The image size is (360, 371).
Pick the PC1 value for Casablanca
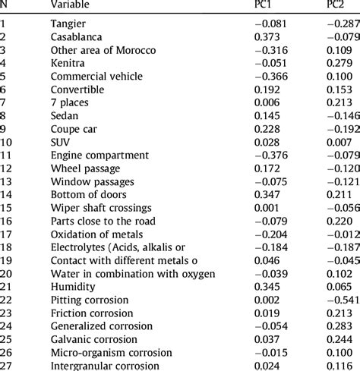(270, 36)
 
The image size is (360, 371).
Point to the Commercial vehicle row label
(93, 76)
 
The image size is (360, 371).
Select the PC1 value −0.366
(270, 76)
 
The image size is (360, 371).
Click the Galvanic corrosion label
(92, 340)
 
